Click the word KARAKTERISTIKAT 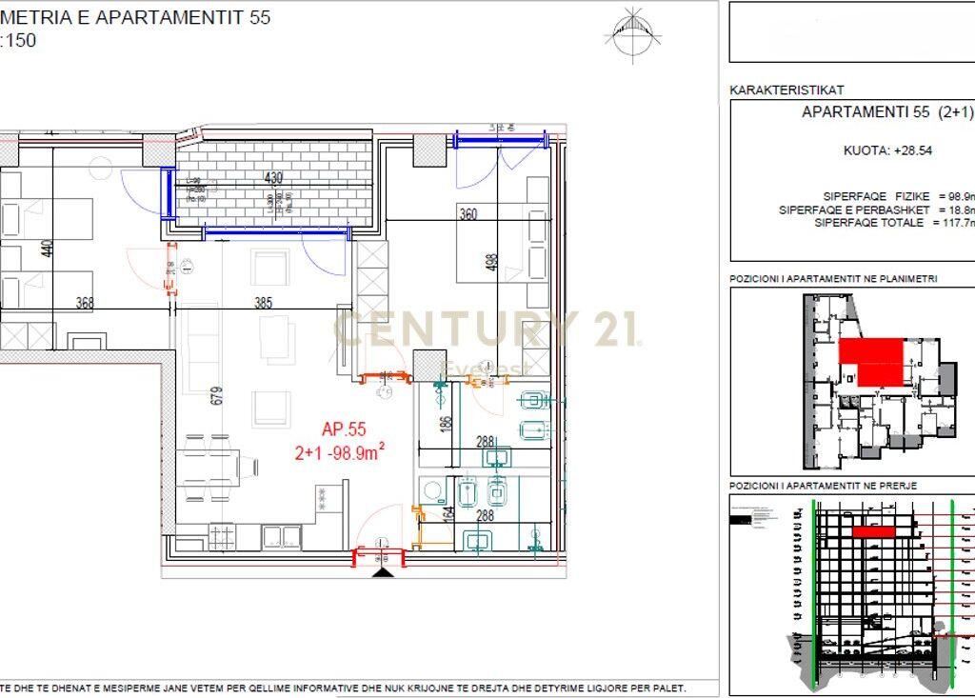pyautogui.click(x=786, y=90)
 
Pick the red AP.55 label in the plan pyautogui.click(x=344, y=430)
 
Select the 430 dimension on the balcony pyautogui.click(x=273, y=178)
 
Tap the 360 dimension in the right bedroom pyautogui.click(x=468, y=214)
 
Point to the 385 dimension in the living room pyautogui.click(x=263, y=304)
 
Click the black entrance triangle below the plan pyautogui.click(x=383, y=573)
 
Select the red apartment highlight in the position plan pyautogui.click(x=871, y=361)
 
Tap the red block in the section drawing pyautogui.click(x=873, y=532)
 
